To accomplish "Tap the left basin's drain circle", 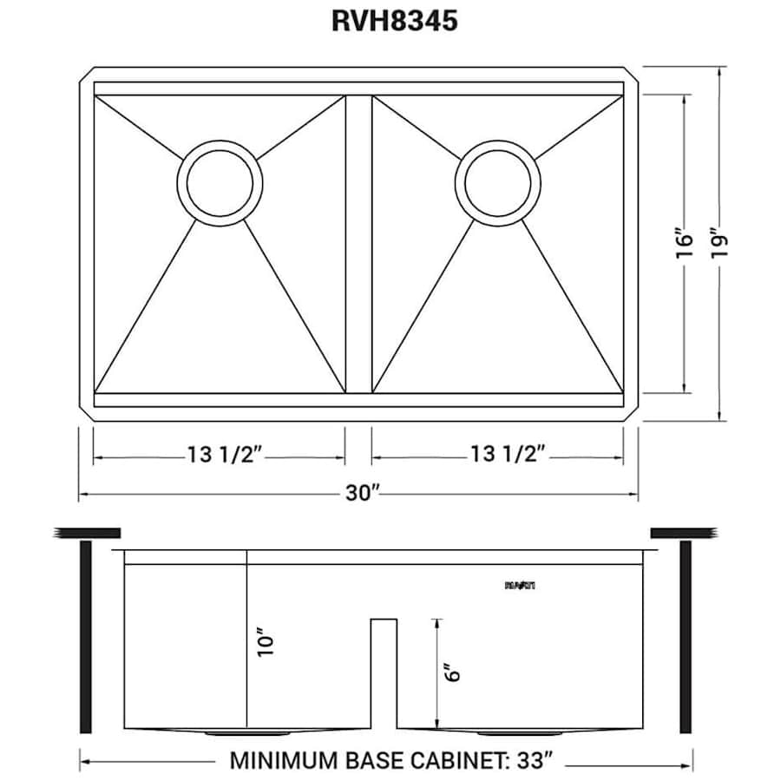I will (219, 180).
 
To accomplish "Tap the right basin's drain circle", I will (497, 180).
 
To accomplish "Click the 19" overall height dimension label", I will (719, 242).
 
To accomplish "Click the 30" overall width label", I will (363, 494).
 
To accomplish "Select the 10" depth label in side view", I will (266, 644).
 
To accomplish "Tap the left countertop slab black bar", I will (87, 532).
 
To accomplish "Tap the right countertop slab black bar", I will (682, 532).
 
